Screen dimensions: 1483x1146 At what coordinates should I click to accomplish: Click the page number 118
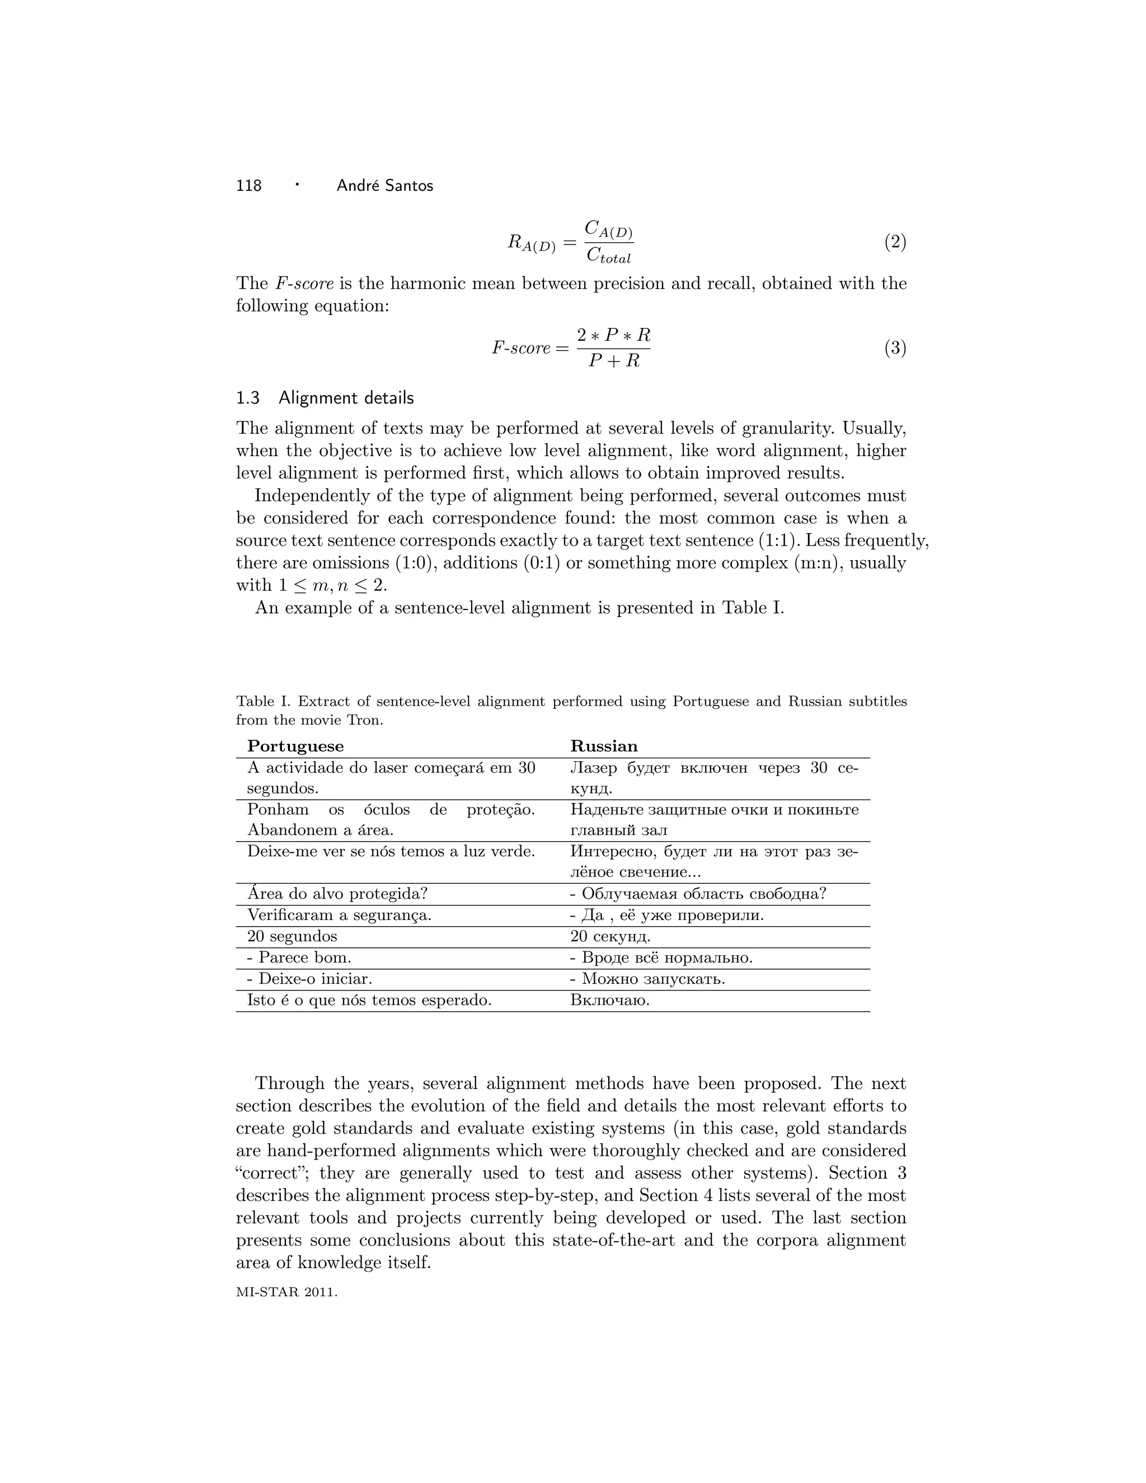tap(248, 185)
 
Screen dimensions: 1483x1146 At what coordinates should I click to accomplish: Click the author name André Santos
tap(384, 185)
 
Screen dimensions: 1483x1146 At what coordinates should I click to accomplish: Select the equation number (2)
tap(895, 242)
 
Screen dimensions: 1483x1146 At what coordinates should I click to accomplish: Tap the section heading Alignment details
tap(346, 398)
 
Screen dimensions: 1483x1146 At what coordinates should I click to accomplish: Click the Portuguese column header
tap(295, 746)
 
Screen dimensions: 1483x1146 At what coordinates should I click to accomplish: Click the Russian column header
tap(604, 746)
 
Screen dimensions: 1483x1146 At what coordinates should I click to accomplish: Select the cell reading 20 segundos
tap(292, 936)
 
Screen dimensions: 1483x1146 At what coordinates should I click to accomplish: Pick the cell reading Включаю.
tap(610, 1000)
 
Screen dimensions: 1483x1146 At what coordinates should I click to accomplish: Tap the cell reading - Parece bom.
tap(299, 958)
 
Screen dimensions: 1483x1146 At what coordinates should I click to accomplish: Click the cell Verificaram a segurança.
tap(339, 916)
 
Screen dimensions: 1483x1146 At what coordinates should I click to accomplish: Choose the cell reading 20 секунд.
tap(610, 936)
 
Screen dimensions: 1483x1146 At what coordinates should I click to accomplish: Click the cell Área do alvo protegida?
tap(337, 894)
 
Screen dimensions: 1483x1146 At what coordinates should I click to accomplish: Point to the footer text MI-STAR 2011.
tap(286, 1292)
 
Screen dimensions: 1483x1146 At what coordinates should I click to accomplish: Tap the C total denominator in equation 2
tap(608, 256)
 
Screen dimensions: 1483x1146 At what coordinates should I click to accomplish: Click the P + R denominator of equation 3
tap(614, 360)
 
